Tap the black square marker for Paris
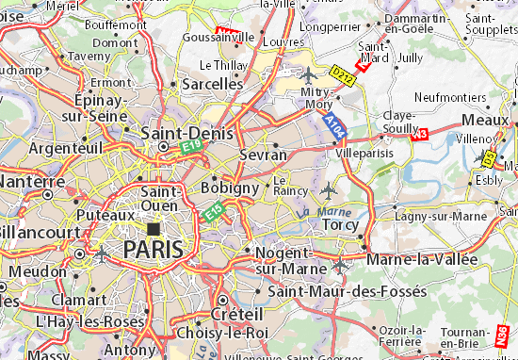pyautogui.click(x=153, y=228)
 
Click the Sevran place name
pyautogui.click(x=264, y=154)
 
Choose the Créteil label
pyautogui.click(x=235, y=312)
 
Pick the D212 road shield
pyautogui.click(x=341, y=72)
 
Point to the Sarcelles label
pyautogui.click(x=212, y=84)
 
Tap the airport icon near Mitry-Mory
pyautogui.click(x=308, y=73)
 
